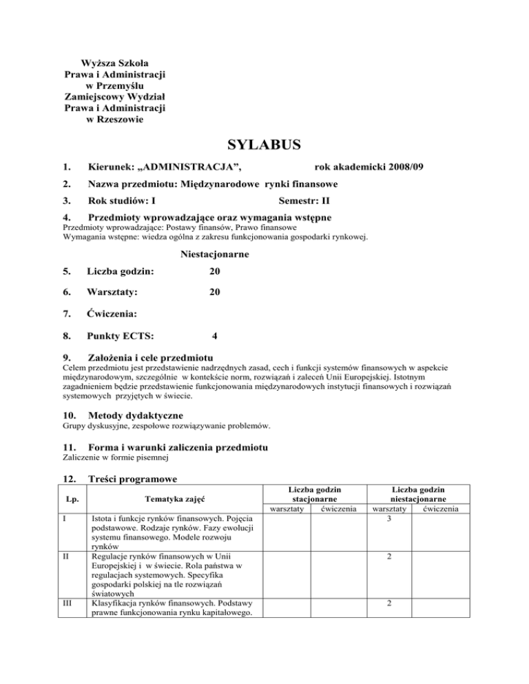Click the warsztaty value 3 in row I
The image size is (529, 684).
(389, 517)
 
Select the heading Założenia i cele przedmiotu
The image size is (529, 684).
(152, 358)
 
